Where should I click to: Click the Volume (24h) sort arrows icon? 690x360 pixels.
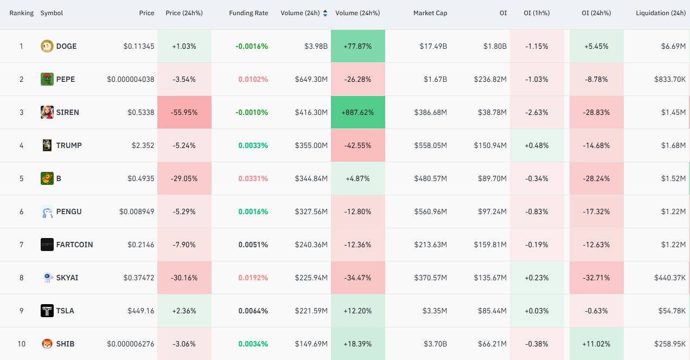click(325, 13)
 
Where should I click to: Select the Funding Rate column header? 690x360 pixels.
click(248, 13)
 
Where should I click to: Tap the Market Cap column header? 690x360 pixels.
click(430, 13)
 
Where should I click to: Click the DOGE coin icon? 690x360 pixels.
click(47, 46)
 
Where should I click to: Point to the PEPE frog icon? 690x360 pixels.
click(47, 79)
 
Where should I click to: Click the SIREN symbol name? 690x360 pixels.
click(67, 112)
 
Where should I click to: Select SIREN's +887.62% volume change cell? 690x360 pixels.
click(358, 112)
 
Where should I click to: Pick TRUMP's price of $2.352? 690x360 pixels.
click(143, 145)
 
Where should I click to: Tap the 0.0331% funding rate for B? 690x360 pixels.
click(253, 178)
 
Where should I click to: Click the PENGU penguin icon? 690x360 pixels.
click(47, 211)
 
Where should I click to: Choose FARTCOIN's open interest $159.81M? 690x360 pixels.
click(490, 245)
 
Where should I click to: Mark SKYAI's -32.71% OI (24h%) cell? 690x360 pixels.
click(597, 278)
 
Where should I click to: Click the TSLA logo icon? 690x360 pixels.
click(47, 311)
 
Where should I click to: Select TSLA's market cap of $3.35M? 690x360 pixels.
click(435, 311)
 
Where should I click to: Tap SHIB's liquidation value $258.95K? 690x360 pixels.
click(670, 344)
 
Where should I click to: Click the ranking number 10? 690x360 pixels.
click(21, 344)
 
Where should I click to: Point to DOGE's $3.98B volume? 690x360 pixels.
click(316, 46)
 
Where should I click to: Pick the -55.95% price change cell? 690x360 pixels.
click(184, 112)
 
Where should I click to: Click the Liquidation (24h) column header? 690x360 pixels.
click(661, 13)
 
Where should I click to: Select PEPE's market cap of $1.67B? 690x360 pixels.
click(435, 79)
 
